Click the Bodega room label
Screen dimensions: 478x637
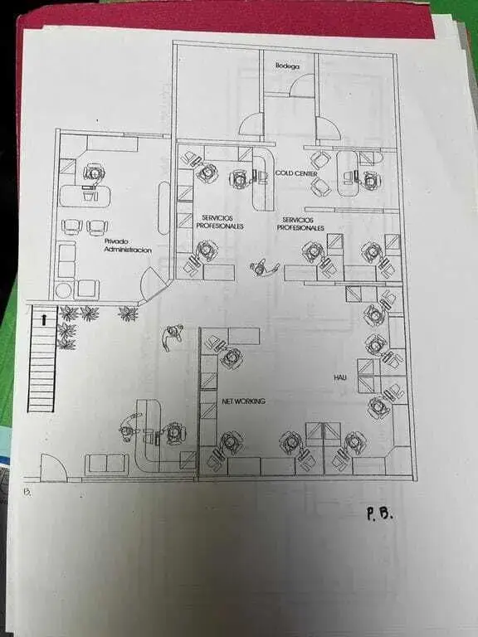[287, 66]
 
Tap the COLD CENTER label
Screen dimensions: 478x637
[296, 173]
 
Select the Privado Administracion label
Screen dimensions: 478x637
[128, 246]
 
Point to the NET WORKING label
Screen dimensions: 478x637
[243, 401]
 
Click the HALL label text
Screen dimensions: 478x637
[340, 377]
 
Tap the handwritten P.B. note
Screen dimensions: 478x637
[379, 514]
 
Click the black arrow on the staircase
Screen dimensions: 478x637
[44, 319]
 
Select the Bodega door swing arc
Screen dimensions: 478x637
[300, 85]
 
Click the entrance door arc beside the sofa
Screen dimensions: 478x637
[54, 467]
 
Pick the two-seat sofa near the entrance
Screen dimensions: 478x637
[107, 464]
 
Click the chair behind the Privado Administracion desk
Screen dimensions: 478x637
[95, 173]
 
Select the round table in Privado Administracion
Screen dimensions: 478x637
[64, 291]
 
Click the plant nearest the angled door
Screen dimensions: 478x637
[129, 314]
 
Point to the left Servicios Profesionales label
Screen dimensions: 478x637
[219, 222]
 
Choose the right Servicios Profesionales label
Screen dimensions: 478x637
[300, 224]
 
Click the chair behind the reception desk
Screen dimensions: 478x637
[174, 434]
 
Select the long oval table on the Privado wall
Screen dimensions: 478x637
[163, 208]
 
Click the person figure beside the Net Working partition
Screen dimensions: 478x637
[173, 336]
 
